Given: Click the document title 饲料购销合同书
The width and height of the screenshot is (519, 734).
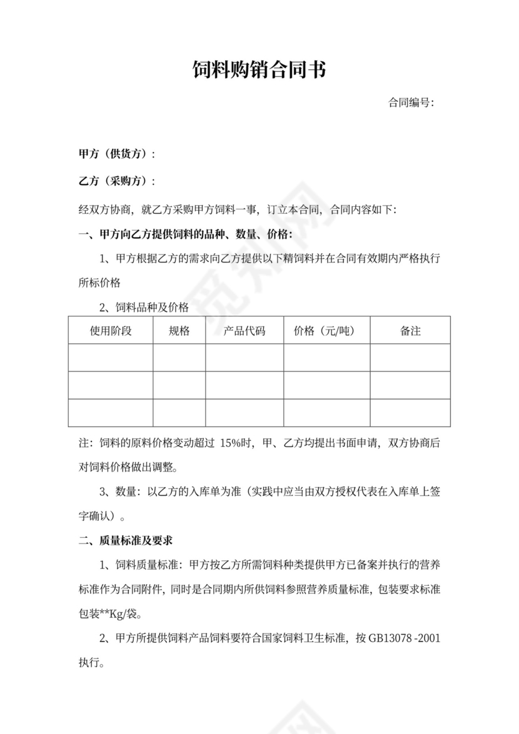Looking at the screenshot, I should (259, 71).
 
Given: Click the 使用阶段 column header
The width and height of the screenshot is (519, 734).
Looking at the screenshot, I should (111, 331).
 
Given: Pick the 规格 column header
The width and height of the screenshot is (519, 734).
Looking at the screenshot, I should (179, 331).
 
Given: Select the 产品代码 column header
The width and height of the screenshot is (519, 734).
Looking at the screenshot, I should (244, 331).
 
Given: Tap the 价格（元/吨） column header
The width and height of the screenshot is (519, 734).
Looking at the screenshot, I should (326, 331).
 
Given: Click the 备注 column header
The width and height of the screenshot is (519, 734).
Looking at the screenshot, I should (410, 331).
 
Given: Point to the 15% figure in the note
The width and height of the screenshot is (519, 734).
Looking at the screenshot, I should (233, 443).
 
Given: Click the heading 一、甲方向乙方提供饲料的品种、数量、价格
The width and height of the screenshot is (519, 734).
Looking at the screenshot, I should (184, 235).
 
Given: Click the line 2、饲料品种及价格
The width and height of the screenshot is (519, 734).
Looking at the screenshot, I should (144, 307).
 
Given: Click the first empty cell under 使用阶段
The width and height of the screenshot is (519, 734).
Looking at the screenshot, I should (111, 358).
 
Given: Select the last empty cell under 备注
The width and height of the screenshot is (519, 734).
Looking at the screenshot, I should (410, 413).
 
